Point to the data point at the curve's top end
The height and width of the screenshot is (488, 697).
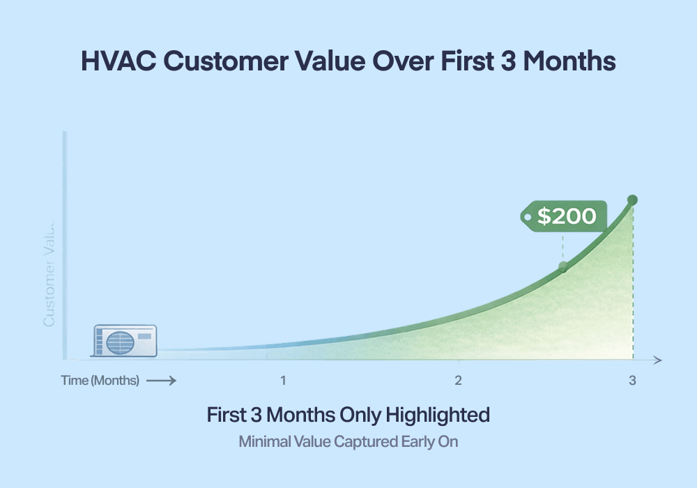(x=632, y=200)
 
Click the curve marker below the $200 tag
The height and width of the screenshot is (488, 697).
(x=563, y=266)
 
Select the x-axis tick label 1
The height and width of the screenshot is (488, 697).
(x=283, y=381)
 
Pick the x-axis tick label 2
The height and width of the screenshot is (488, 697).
(x=458, y=381)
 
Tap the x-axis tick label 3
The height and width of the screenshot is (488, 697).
(x=632, y=381)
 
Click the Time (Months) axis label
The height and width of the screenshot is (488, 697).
(x=100, y=381)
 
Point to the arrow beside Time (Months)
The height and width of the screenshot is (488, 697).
(x=161, y=381)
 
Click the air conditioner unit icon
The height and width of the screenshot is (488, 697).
(x=125, y=341)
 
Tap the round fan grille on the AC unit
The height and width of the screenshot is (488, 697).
(x=119, y=342)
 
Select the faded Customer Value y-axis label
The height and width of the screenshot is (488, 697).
(x=49, y=272)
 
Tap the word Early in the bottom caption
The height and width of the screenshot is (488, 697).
(x=417, y=441)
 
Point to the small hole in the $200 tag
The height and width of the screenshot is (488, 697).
(x=528, y=217)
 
